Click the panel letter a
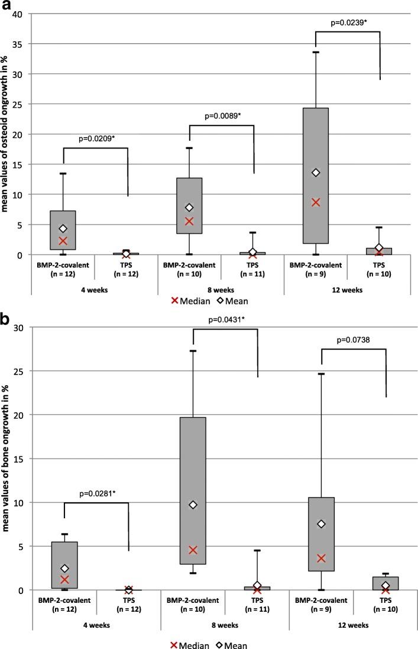point(8,8)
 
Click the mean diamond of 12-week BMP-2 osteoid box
point(316,173)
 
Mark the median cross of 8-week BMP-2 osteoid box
point(189,221)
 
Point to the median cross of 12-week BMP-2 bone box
point(320,558)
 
